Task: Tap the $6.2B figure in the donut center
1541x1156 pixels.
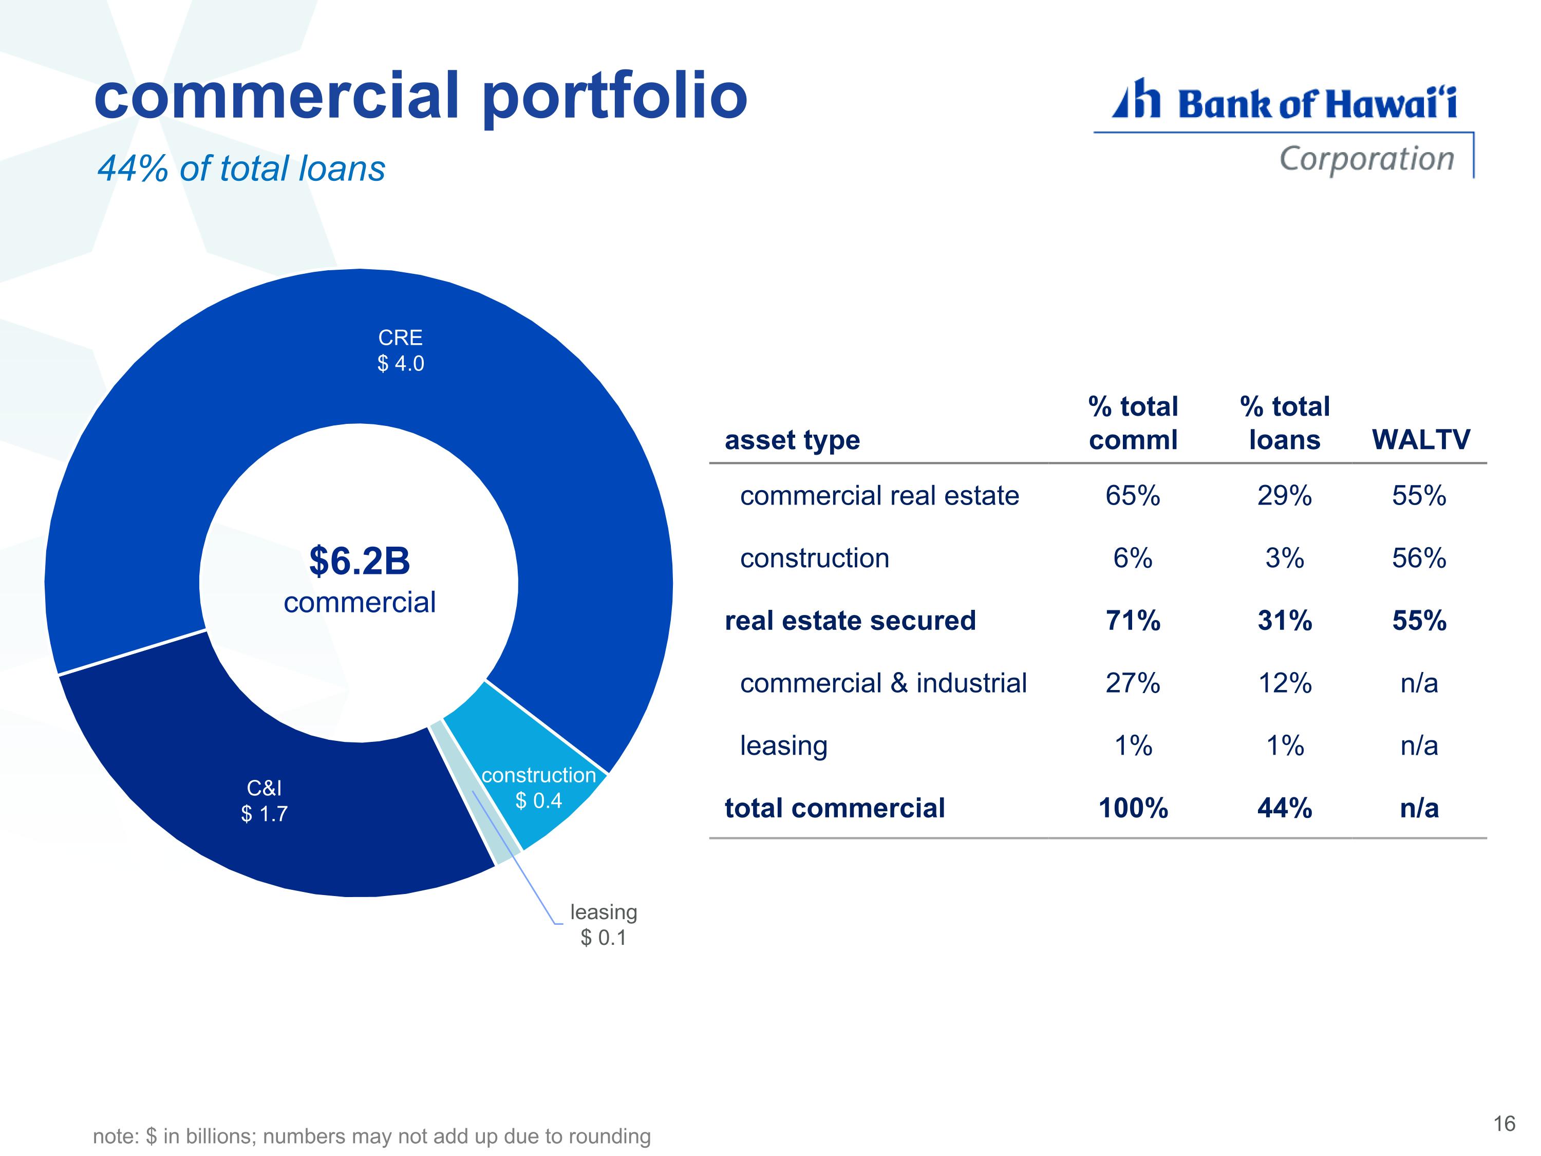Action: point(360,561)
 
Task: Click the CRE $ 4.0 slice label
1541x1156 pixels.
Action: point(401,350)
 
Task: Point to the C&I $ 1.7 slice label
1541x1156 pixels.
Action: point(264,800)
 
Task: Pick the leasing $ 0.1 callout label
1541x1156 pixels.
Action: point(604,925)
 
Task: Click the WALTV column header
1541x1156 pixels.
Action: point(1420,440)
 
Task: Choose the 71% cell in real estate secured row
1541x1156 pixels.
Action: point(1133,621)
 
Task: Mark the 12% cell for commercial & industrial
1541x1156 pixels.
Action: point(1285,683)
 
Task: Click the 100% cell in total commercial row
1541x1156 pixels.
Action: point(1133,808)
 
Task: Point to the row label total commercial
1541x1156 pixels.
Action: point(835,808)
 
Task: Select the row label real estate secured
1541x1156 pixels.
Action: point(850,621)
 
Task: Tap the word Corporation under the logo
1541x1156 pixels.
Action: point(1367,159)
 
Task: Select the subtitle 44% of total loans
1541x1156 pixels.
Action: point(241,169)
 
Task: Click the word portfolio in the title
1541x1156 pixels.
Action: point(615,98)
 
